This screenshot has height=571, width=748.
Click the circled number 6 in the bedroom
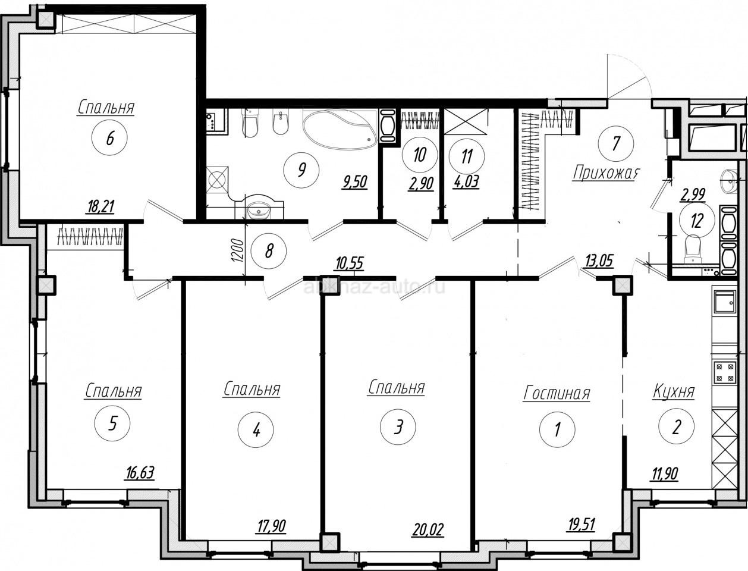(109, 138)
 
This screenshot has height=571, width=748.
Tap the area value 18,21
(100, 206)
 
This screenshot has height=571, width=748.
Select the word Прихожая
(606, 172)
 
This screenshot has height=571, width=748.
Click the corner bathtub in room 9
(340, 128)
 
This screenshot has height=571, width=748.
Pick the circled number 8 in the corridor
(269, 252)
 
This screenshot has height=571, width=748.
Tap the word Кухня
(674, 392)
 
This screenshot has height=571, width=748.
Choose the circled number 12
(697, 221)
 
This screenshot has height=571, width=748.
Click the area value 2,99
(693, 195)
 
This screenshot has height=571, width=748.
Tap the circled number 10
(420, 155)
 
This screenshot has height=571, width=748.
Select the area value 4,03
(466, 181)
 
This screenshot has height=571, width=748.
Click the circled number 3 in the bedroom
(398, 426)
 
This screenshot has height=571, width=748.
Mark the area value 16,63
(140, 473)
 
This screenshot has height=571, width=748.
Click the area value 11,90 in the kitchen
(664, 473)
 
